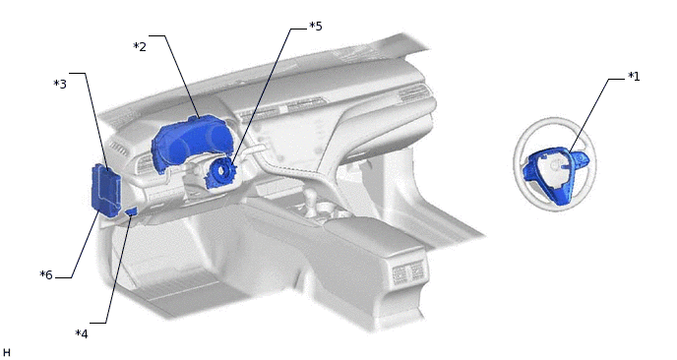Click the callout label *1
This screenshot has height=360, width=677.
point(634,77)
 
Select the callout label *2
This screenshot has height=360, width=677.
point(140,46)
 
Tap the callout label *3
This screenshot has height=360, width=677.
point(60,84)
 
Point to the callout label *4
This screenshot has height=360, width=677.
point(82,333)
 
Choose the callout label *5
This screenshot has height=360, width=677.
point(316,26)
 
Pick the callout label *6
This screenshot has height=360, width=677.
point(46,274)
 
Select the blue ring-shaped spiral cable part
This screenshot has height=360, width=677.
point(220,173)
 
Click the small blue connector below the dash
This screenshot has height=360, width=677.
point(131,211)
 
